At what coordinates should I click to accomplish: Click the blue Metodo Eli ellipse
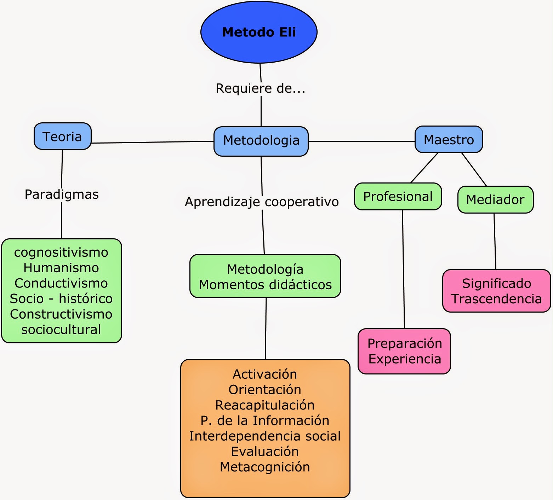259,32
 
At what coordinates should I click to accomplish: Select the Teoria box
62,136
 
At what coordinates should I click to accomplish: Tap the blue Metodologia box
261,141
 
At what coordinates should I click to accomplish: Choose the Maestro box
449,140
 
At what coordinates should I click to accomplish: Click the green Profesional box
398,197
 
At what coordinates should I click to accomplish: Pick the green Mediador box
495,199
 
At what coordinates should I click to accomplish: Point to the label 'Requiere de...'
260,88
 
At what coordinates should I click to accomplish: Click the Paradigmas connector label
62,194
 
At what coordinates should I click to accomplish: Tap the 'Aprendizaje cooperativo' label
262,202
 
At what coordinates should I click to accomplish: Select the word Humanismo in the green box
61,268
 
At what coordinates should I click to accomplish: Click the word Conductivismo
61,283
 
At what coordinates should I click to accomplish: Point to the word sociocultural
61,330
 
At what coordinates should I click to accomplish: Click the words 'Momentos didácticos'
265,285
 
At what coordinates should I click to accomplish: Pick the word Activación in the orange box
265,374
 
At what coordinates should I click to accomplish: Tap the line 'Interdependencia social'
265,436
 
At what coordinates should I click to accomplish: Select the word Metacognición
265,467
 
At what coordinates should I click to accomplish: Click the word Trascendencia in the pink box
496,299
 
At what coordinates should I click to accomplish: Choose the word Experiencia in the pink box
405,359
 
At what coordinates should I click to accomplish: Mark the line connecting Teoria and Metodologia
152,142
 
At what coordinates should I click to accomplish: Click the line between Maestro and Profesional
424,168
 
